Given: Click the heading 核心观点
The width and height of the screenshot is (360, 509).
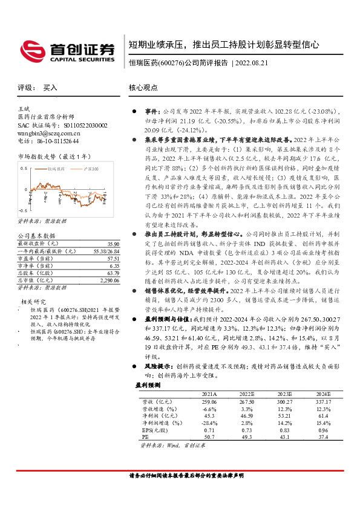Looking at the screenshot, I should (143, 88).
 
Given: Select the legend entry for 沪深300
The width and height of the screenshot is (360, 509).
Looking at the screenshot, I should (91, 170).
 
